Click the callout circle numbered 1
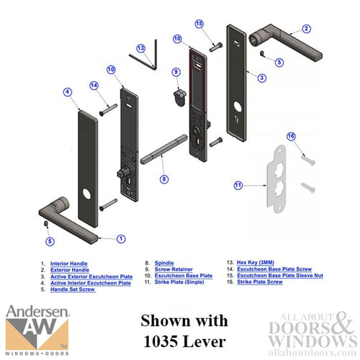(121, 238)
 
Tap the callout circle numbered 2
(306, 29)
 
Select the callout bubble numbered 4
(67, 92)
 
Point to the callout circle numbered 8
(164, 178)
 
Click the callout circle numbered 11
(239, 185)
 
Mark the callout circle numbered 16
(292, 136)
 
